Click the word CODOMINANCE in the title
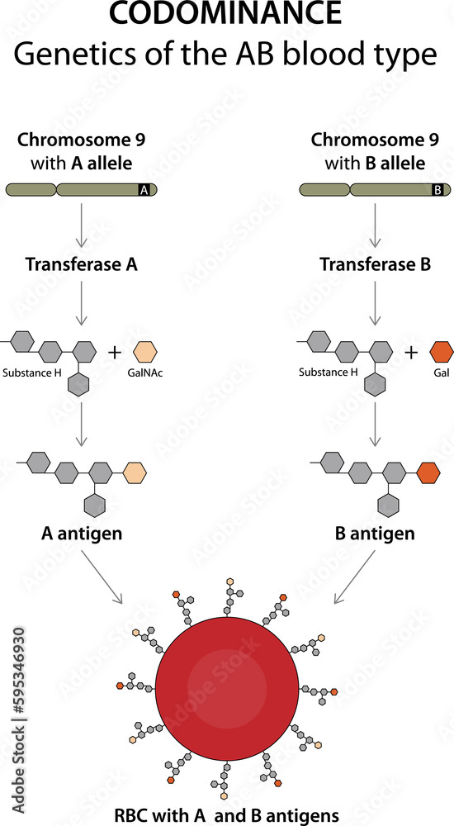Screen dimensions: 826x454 pyautogui.click(x=226, y=15)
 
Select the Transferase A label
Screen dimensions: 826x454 pyautogui.click(x=81, y=265)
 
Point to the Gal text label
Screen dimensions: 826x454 pyautogui.click(x=441, y=373)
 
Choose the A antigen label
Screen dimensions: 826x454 pyautogui.click(x=82, y=533)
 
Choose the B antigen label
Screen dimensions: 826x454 pyautogui.click(x=375, y=533)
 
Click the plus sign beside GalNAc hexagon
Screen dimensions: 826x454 pyautogui.click(x=115, y=353)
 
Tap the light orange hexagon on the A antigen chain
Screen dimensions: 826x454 pyautogui.click(x=134, y=473)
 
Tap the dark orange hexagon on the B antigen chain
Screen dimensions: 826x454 pyautogui.click(x=428, y=473)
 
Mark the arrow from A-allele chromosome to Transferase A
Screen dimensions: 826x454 pyautogui.click(x=81, y=225)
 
